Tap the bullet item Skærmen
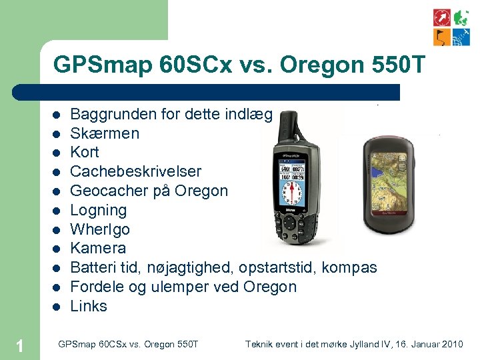click(x=105, y=133)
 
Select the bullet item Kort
click(x=85, y=152)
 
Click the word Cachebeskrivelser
click(x=136, y=171)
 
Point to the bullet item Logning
click(x=98, y=210)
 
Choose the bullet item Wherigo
click(x=100, y=229)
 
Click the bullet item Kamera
click(x=98, y=248)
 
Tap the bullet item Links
click(x=89, y=306)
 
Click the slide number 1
click(x=20, y=345)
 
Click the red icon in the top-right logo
click(x=442, y=17)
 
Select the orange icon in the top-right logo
click(x=442, y=37)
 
